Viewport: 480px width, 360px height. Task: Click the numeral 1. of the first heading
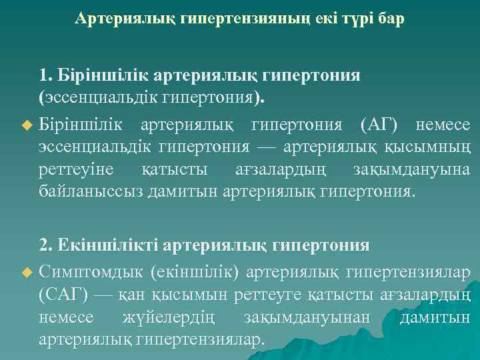click(x=46, y=74)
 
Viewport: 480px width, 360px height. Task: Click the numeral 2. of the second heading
click(x=47, y=246)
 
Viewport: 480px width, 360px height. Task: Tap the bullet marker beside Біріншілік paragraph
click(x=27, y=125)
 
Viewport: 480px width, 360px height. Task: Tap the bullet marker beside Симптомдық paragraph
click(x=27, y=272)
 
